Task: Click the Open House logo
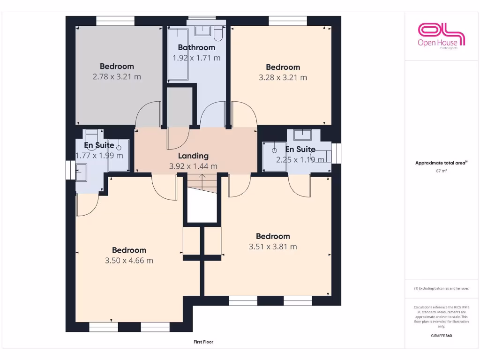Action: (441, 35)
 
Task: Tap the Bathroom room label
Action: (196, 47)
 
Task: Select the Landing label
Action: (193, 156)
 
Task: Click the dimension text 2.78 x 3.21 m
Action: (117, 77)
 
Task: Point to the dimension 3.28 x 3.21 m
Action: (283, 77)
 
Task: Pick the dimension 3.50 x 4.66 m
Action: (129, 261)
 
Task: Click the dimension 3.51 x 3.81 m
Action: (273, 247)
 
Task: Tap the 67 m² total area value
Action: (441, 171)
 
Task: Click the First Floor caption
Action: (203, 342)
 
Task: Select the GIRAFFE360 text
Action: (441, 336)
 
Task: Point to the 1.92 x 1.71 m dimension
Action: (196, 58)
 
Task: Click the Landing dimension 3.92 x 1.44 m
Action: (193, 166)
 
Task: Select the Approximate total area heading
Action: (441, 163)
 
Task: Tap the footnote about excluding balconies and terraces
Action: (441, 288)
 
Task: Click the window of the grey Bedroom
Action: (115, 21)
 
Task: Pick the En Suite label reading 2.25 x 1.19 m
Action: (300, 150)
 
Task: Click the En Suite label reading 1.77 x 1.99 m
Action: (99, 145)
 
